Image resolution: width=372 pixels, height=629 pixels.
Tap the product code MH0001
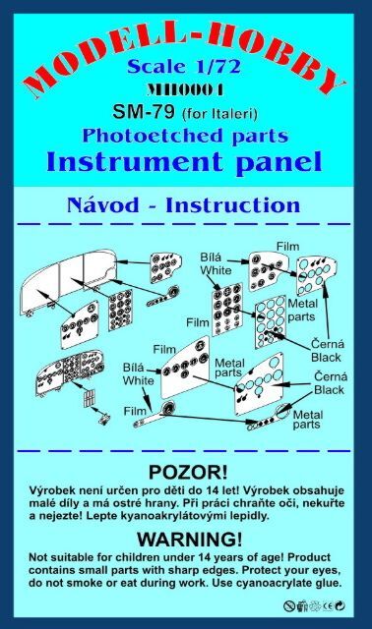(185, 89)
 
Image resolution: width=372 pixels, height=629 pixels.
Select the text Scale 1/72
(184, 67)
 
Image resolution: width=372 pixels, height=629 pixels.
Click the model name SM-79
(144, 112)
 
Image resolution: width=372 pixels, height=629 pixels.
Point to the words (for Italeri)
(219, 114)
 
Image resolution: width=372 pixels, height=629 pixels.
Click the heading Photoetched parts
(185, 136)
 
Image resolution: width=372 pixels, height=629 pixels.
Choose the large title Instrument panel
(184, 162)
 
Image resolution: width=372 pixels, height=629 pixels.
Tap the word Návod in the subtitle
(102, 205)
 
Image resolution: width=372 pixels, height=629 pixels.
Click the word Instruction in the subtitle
(233, 205)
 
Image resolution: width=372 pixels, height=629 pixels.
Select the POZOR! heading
(188, 473)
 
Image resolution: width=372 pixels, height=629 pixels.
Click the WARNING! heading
(190, 539)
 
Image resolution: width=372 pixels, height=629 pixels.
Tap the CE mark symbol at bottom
(329, 606)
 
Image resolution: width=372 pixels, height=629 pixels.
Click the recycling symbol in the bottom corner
(340, 606)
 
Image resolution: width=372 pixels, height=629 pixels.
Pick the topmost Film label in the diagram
(288, 247)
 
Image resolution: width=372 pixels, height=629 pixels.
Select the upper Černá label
(327, 344)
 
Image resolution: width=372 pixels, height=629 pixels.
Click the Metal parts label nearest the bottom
(307, 420)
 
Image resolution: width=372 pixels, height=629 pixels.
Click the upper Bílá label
(211, 257)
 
